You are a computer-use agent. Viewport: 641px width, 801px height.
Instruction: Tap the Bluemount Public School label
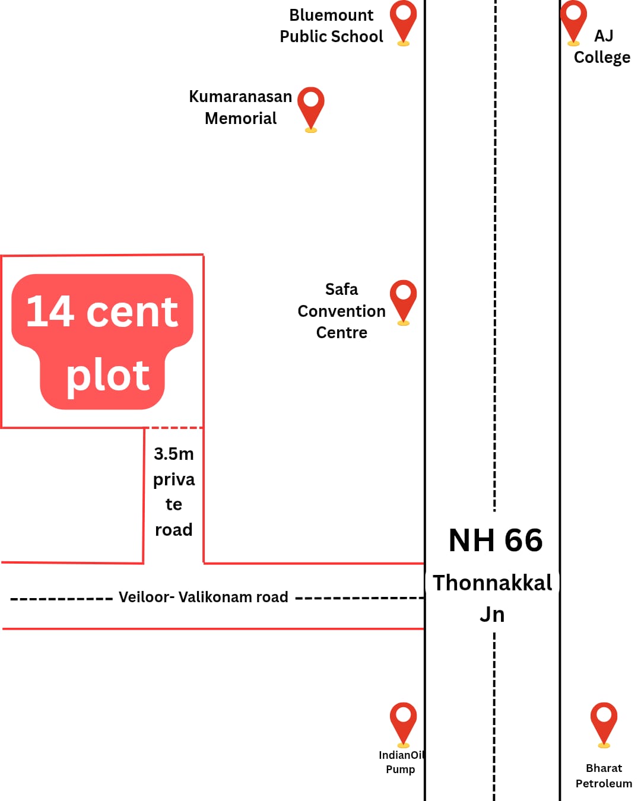click(331, 26)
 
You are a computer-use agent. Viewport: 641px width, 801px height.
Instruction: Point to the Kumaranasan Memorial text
click(240, 107)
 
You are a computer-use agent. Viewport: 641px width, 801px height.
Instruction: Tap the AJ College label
click(602, 47)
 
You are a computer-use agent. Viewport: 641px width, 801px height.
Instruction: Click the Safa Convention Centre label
click(341, 311)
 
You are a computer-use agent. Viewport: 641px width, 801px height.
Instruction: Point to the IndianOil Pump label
click(401, 762)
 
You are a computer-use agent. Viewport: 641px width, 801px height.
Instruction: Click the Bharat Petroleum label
click(604, 775)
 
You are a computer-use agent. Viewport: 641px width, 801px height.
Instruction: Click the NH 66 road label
click(496, 541)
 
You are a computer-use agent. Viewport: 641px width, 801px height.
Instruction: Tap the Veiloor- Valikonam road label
click(204, 597)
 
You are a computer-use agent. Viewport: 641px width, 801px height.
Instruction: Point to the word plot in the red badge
click(107, 376)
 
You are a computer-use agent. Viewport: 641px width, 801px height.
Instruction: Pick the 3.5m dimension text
click(174, 454)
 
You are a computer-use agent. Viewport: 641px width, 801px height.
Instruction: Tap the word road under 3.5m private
click(174, 529)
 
